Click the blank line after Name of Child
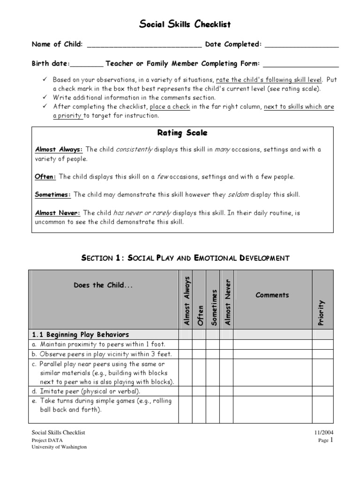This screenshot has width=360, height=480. click(x=144, y=45)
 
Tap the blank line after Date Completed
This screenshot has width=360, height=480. click(x=301, y=45)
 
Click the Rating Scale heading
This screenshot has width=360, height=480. click(x=182, y=133)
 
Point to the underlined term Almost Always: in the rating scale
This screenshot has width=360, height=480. click(x=59, y=150)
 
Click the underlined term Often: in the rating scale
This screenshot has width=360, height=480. click(x=46, y=177)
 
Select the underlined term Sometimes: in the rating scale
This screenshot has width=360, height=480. click(x=53, y=195)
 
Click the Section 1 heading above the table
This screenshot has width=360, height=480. click(x=185, y=258)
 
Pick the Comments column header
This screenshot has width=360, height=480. click(x=272, y=295)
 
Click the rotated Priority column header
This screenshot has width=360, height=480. click(x=321, y=313)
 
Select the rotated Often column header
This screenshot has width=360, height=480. click(x=200, y=315)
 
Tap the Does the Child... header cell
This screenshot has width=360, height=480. click(x=103, y=285)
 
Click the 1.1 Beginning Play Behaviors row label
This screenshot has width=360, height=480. click(x=81, y=335)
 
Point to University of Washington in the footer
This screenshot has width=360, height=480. click(x=59, y=447)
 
